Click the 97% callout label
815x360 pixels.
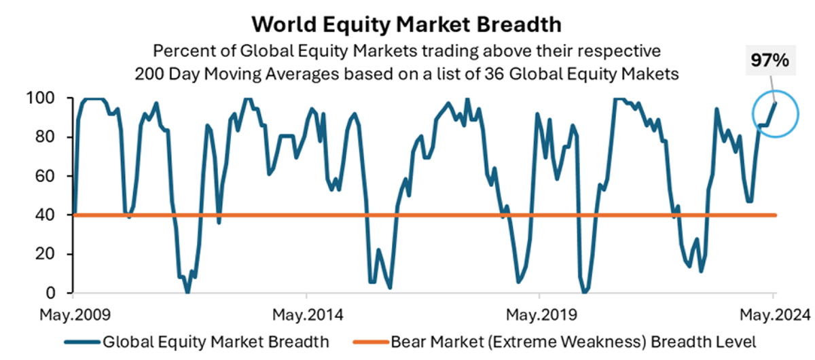pos(770,60)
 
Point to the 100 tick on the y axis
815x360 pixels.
pos(40,98)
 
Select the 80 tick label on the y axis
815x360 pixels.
pos(45,137)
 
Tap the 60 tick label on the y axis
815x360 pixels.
pos(45,176)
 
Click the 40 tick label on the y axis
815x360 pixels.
pos(45,215)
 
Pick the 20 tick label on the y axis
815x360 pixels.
pos(45,254)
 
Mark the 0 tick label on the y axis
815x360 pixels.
pos(50,293)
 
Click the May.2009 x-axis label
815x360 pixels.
pos(75,315)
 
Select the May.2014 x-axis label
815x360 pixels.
pos(308,315)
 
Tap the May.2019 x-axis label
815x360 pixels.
pos(541,315)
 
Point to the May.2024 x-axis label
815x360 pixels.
pos(776,315)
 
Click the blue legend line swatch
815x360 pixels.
pos(82,342)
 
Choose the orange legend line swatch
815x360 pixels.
pos(371,342)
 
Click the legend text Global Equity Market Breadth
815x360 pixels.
pos(216,342)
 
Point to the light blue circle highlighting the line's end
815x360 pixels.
pos(753,114)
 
